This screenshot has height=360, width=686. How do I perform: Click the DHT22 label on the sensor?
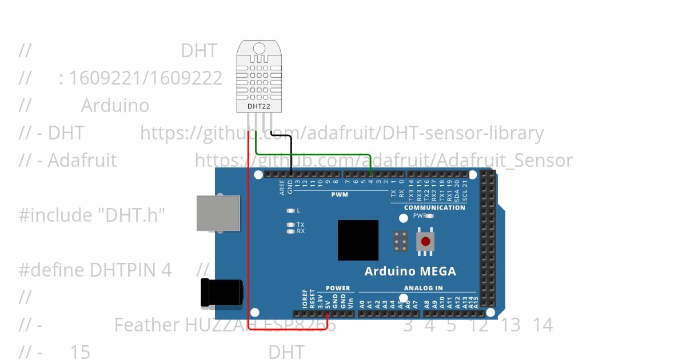(259, 106)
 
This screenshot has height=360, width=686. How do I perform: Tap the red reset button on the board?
(425, 241)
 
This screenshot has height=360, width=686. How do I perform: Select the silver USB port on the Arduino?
(218, 213)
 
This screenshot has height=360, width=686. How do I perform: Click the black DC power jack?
(221, 293)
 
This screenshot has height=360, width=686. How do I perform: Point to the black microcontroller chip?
(358, 240)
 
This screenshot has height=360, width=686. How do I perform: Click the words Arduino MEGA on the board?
(410, 271)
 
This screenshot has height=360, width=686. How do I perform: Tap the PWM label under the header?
(340, 194)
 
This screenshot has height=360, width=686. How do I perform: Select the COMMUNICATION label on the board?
(434, 207)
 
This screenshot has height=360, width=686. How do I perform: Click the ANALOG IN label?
(423, 288)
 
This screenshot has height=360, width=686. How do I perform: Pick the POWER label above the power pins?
(338, 288)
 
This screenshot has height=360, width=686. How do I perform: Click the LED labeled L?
(291, 211)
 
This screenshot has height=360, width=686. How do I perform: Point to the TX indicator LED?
(291, 225)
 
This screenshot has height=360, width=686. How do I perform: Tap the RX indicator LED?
(291, 231)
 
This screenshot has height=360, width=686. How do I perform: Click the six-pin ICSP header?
(400, 241)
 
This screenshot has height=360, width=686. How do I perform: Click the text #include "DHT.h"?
(91, 215)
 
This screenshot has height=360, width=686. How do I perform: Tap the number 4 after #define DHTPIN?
(166, 270)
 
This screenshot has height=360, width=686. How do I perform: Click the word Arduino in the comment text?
(115, 106)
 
